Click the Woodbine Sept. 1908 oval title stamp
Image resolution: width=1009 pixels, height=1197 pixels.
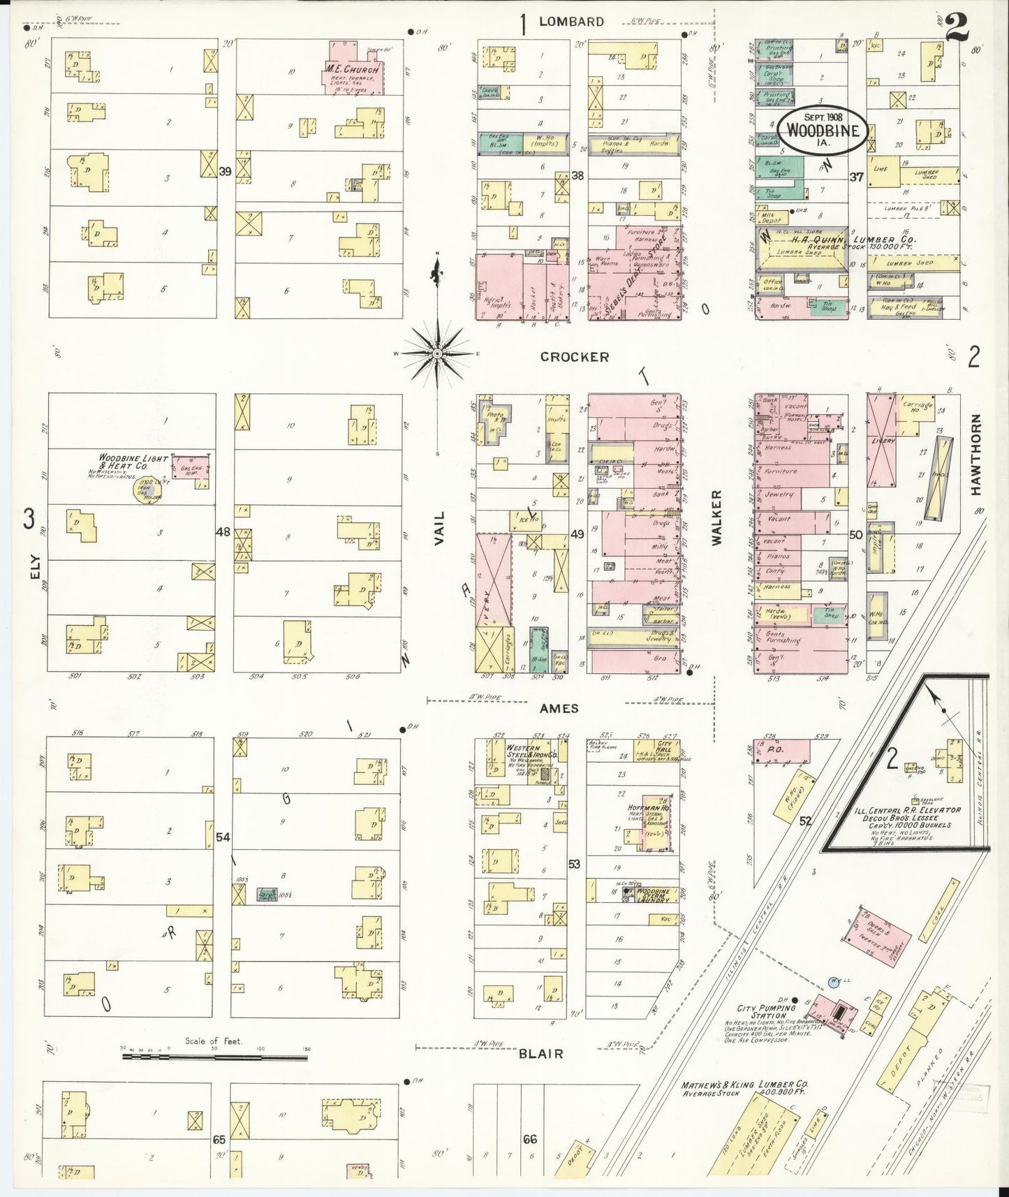pos(824,130)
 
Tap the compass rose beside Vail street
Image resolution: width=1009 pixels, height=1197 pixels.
pos(436,355)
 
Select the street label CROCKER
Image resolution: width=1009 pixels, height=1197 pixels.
pos(574,357)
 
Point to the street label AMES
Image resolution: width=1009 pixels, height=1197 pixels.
pos(559,708)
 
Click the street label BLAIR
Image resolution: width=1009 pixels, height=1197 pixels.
pos(540,1054)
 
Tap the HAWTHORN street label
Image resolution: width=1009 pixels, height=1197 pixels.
pos(975,455)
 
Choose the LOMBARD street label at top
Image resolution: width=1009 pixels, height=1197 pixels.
pos(570,22)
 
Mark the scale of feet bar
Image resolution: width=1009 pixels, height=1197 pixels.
pos(214,1057)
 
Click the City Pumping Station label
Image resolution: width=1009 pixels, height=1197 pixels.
pos(766,1012)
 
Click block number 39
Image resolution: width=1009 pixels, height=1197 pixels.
pos(224,171)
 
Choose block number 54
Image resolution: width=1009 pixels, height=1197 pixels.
pos(223,837)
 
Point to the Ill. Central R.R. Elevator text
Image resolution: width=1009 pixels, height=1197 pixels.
pos(915,810)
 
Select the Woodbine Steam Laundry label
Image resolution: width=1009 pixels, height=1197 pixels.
pos(654,895)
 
